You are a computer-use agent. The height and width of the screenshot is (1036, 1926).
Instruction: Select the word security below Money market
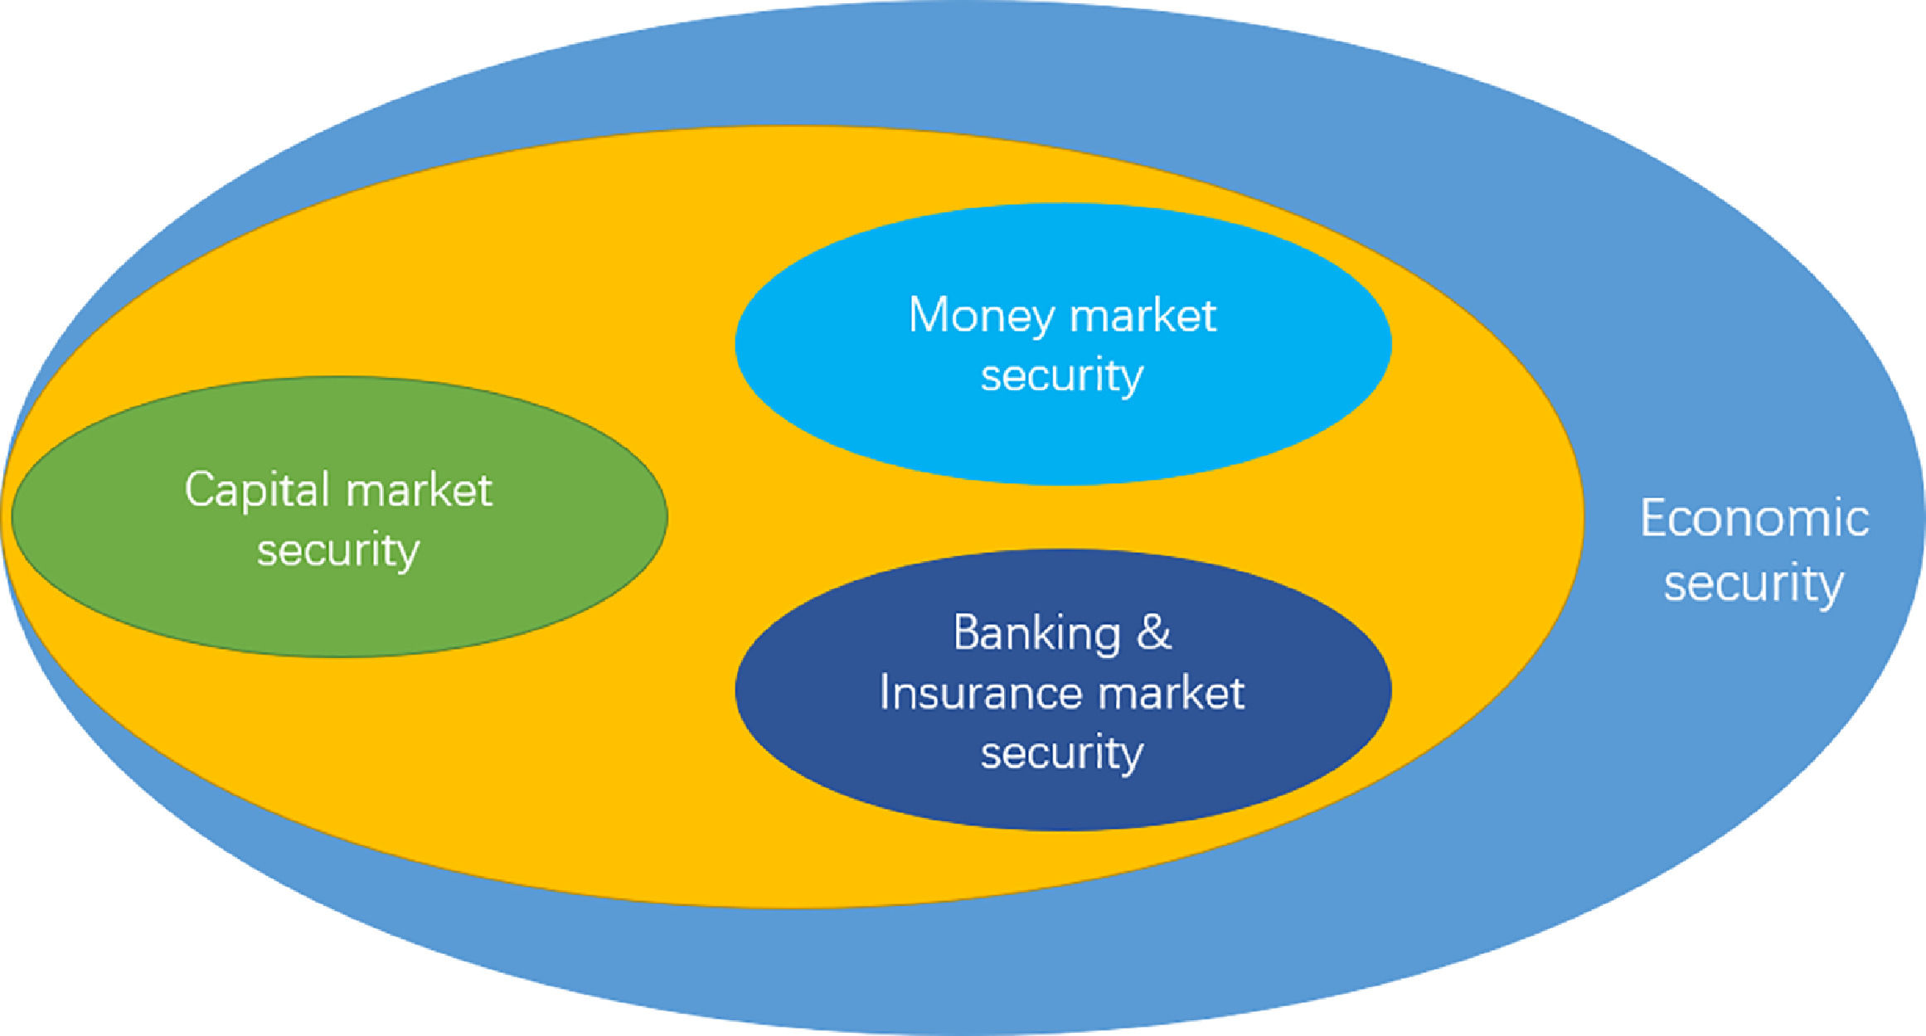tap(1062, 376)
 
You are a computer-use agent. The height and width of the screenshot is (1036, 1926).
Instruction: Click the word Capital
tap(258, 491)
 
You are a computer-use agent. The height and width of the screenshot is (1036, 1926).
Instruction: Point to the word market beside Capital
tap(420, 491)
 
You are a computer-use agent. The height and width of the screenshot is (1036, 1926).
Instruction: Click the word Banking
tap(1036, 634)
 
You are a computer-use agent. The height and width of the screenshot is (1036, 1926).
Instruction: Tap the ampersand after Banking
tap(1154, 634)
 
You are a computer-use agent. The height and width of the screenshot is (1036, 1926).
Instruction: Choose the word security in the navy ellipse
tap(1062, 753)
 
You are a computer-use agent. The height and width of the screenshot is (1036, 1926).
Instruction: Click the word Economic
tap(1754, 520)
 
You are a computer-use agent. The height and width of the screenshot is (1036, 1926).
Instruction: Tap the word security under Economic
tap(1754, 584)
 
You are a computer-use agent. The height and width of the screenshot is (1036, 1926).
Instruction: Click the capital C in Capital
tap(199, 489)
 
